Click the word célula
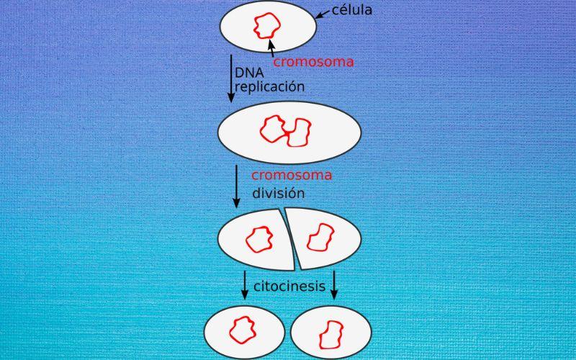point(352,11)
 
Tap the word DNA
point(248,73)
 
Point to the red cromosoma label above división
point(291,176)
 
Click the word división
point(278,193)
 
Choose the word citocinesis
point(289,287)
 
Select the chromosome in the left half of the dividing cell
point(257,238)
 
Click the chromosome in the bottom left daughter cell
point(243,330)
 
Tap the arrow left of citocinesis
point(245,284)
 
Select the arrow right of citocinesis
point(333,284)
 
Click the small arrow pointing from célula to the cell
point(321,14)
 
